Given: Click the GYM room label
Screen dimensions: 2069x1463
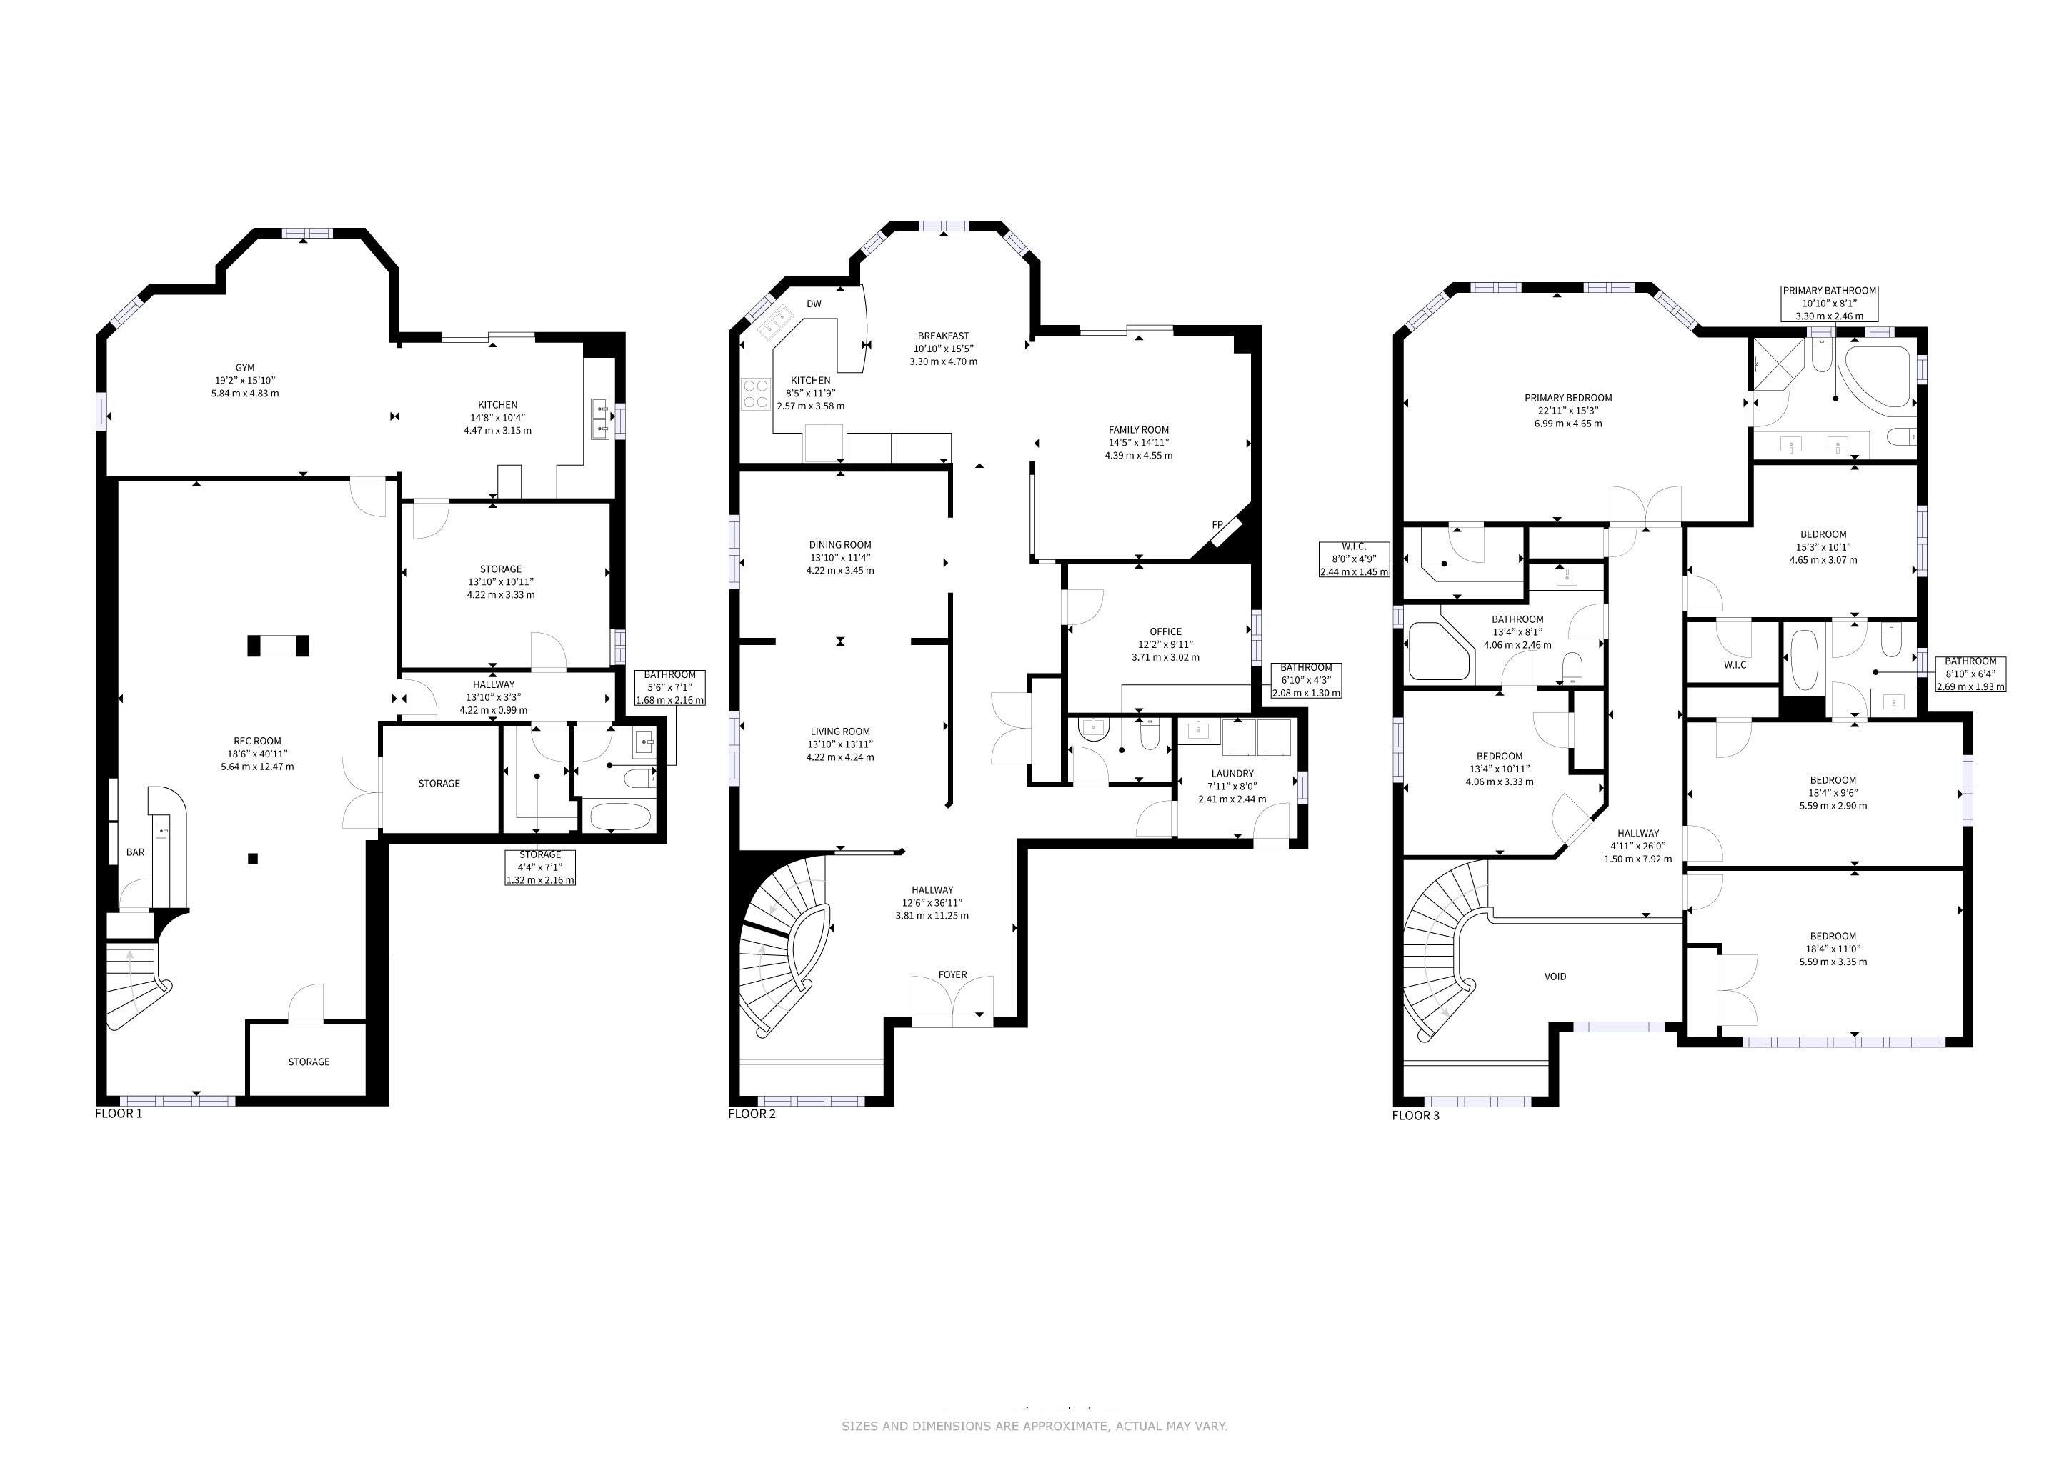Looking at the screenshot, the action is click(245, 368).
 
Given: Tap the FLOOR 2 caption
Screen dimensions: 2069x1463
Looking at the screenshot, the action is click(752, 1114).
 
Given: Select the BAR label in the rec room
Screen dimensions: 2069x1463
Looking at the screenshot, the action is click(135, 852).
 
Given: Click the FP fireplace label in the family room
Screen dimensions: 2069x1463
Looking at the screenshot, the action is click(1217, 524).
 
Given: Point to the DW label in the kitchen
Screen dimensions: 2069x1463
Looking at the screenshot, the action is click(814, 304).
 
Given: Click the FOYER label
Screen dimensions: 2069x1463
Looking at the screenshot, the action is click(952, 974).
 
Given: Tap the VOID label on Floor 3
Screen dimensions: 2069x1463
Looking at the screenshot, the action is click(1555, 977).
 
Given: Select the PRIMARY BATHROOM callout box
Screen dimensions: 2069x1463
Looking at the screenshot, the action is click(1829, 304).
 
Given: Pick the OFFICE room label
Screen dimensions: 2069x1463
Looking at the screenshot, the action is click(1165, 631).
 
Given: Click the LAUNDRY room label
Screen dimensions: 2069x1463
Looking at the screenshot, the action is click(1232, 773).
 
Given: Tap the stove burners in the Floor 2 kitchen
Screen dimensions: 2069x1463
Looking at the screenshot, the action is click(755, 394).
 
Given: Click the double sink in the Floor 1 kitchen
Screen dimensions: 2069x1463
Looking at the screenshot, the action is click(600, 419).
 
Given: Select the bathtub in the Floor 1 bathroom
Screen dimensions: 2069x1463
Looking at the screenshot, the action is click(620, 817).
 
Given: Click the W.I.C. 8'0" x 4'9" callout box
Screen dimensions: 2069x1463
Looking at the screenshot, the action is click(1355, 559).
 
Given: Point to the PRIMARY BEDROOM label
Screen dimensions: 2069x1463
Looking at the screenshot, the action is click(1568, 398).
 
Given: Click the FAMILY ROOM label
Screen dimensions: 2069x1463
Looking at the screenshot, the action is click(1138, 430).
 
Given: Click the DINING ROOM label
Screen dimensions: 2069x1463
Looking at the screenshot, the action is click(840, 545).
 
